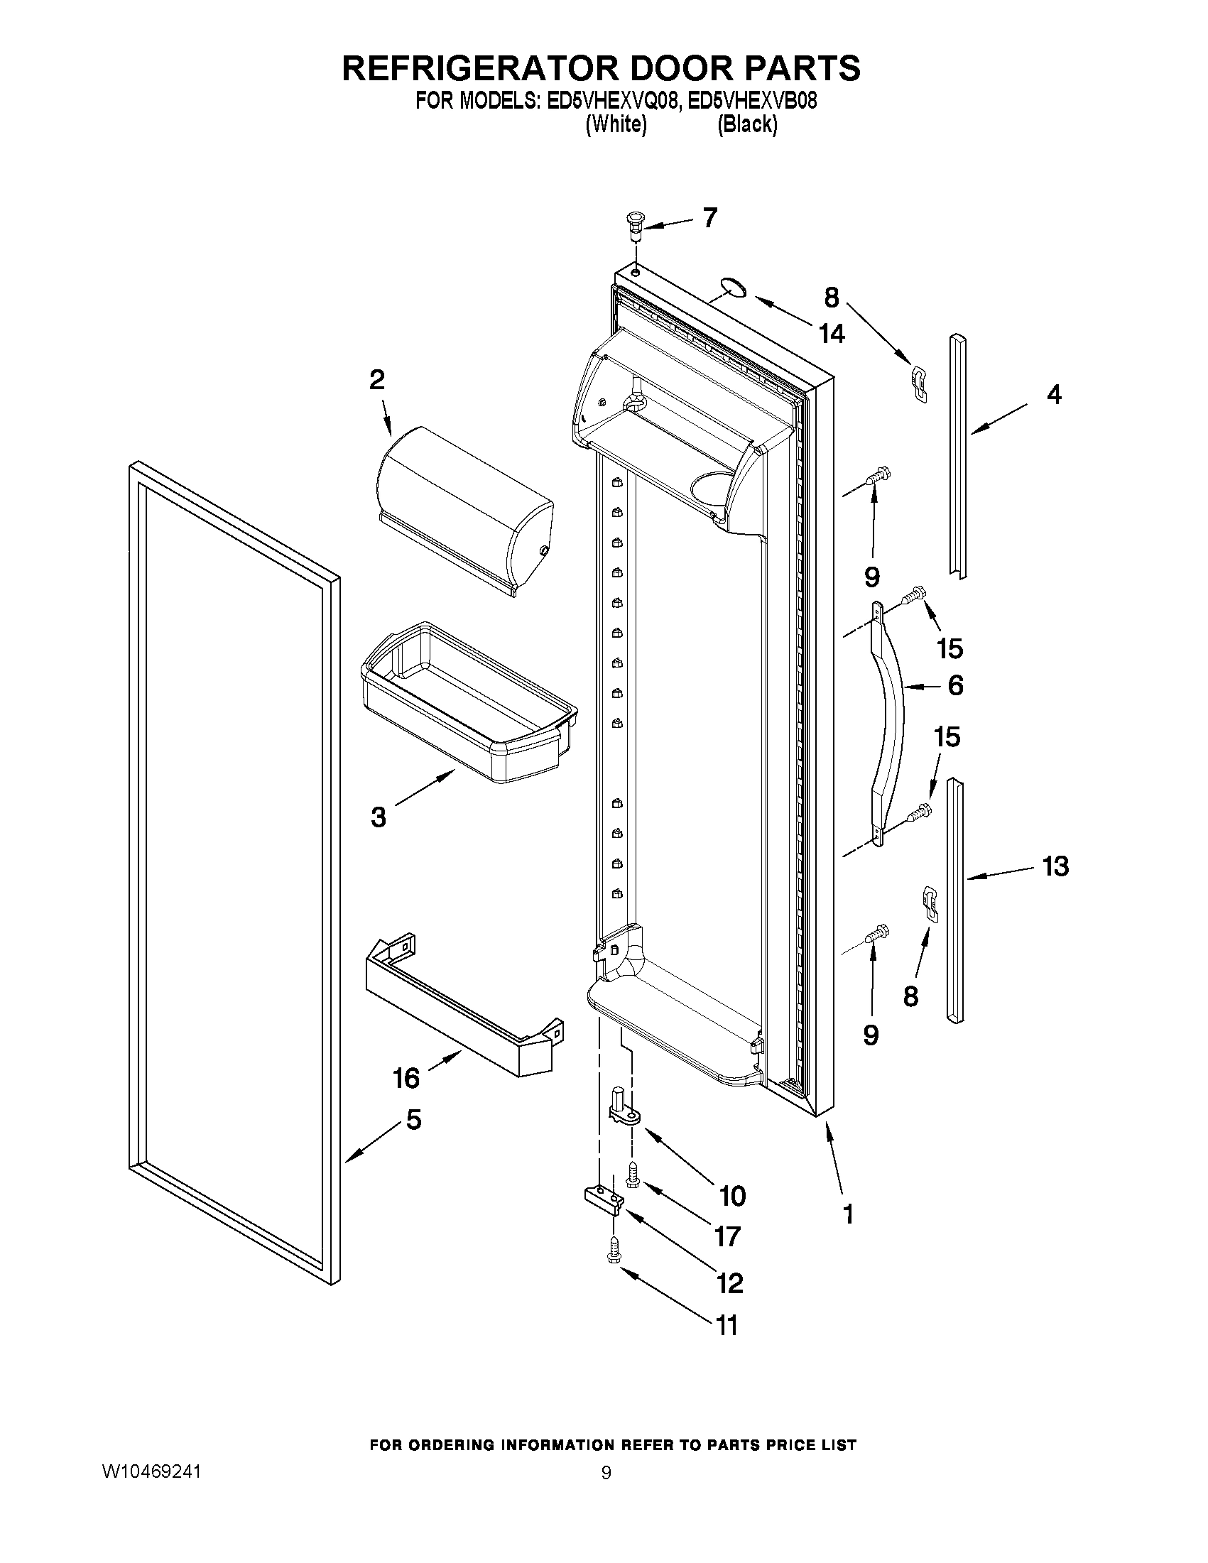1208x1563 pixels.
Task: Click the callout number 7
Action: click(709, 217)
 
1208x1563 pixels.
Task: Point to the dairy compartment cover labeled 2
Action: click(465, 508)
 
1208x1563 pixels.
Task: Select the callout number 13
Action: click(1055, 866)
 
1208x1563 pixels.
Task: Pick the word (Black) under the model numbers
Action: click(747, 124)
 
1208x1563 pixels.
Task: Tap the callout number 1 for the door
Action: click(849, 1214)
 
